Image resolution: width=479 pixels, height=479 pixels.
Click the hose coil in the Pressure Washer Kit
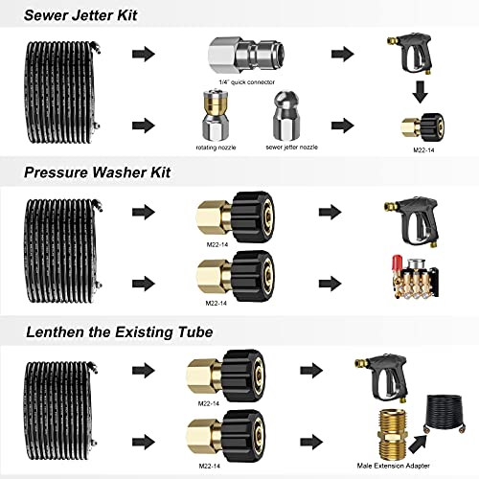(x=61, y=239)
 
